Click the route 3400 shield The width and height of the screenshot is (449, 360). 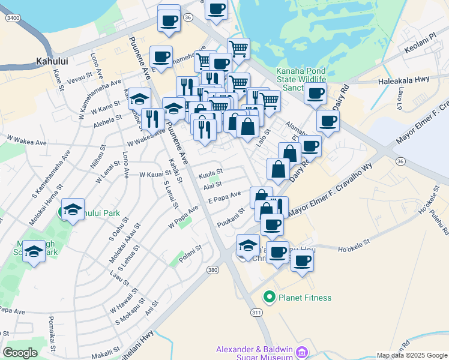(x=11, y=19)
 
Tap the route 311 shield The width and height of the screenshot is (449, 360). (x=256, y=313)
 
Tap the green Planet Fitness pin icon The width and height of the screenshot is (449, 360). (x=270, y=297)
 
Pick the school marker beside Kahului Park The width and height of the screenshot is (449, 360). (x=73, y=209)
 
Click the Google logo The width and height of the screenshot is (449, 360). (x=20, y=353)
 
